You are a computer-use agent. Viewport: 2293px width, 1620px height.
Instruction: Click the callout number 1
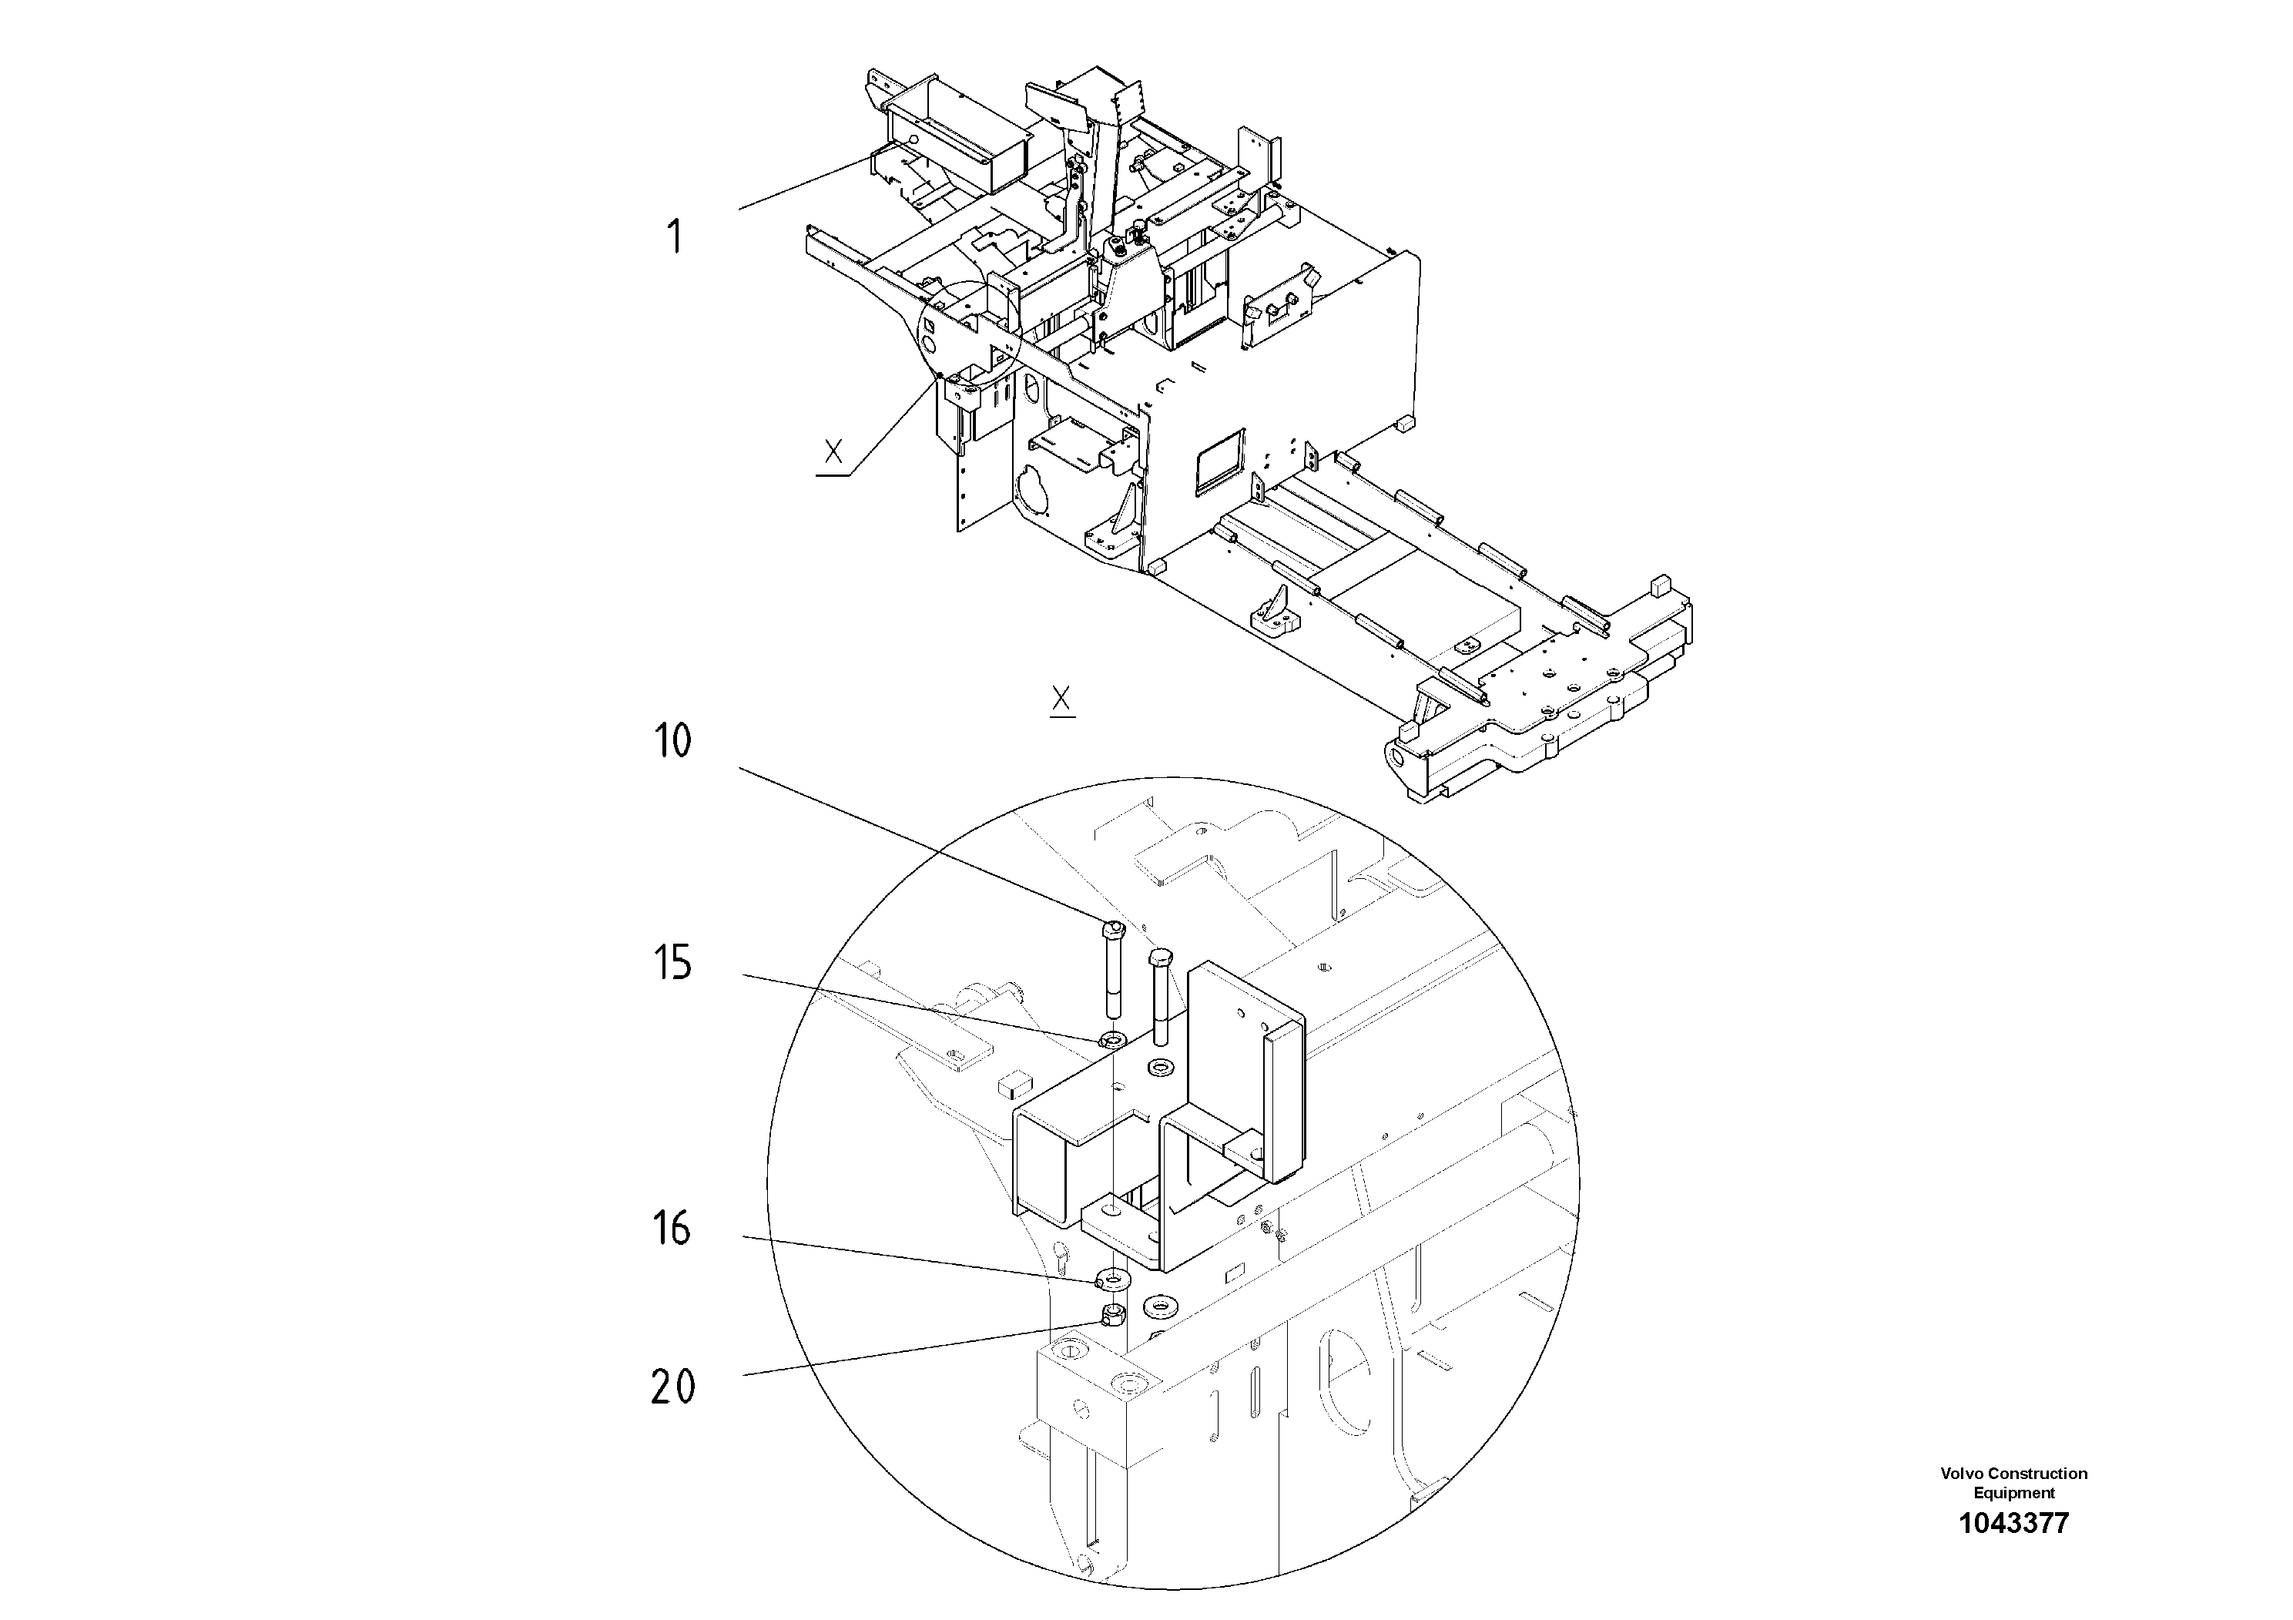(675, 239)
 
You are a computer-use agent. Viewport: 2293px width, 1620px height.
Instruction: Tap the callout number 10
(672, 742)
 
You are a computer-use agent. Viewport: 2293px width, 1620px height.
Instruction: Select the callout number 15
(672, 964)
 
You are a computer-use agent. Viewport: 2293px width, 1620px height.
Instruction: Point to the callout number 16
(672, 1229)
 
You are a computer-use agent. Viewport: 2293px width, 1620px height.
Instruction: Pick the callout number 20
(672, 1387)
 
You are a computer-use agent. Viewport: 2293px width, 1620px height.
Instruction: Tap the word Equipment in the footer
(2013, 1493)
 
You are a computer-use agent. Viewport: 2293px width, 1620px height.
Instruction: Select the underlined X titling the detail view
(1061, 699)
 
